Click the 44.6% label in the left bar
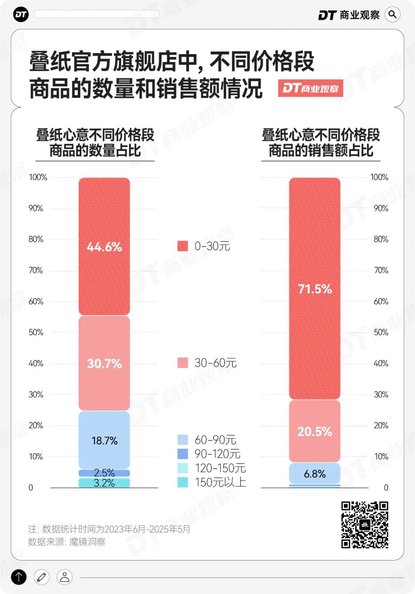tap(104, 247)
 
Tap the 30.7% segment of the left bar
tap(104, 363)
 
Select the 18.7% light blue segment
tap(104, 440)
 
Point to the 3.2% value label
tap(104, 483)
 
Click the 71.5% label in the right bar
tap(315, 289)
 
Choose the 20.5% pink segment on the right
tap(315, 431)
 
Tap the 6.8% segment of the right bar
tap(315, 474)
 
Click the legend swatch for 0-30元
tap(183, 246)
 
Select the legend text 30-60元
tap(216, 363)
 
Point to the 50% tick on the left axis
tap(36, 332)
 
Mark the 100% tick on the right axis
tap(379, 177)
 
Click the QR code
tap(365, 524)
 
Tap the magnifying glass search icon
tap(392, 15)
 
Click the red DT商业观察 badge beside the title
tap(310, 88)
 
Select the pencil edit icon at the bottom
tap(41, 577)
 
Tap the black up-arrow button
tap(19, 577)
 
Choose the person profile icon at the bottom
tap(65, 577)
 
